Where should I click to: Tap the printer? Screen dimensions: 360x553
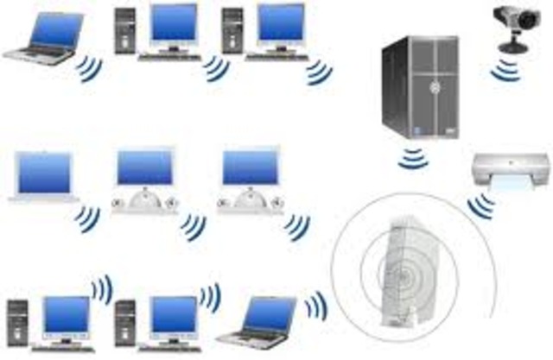tap(511, 168)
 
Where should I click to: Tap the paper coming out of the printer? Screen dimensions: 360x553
tap(510, 182)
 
